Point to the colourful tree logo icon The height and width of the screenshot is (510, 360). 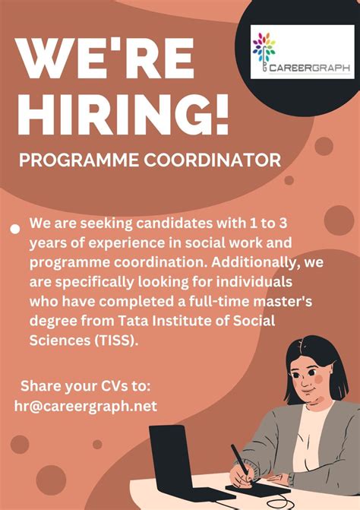click(x=264, y=47)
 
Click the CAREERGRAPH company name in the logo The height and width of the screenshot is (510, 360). click(x=314, y=68)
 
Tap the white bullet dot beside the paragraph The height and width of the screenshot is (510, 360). click(x=14, y=228)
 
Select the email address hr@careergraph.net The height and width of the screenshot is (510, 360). click(x=85, y=406)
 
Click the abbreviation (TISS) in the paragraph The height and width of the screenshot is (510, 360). click(x=117, y=340)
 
